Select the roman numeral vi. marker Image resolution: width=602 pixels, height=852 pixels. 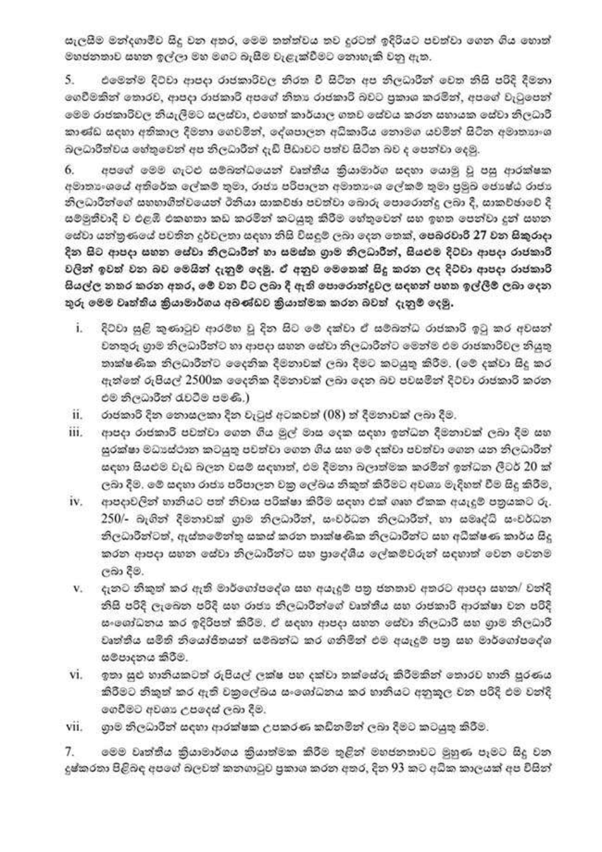(76, 675)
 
